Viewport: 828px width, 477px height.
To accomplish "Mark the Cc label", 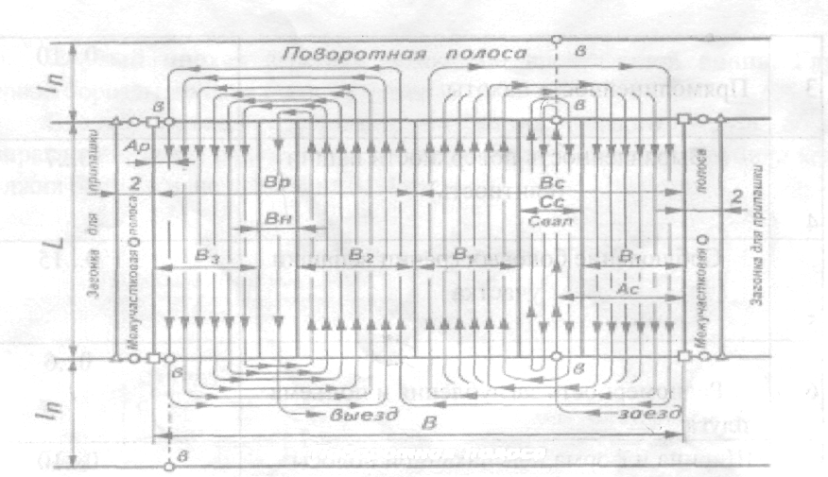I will [548, 202].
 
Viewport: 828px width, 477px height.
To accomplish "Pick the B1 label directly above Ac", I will [629, 255].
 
